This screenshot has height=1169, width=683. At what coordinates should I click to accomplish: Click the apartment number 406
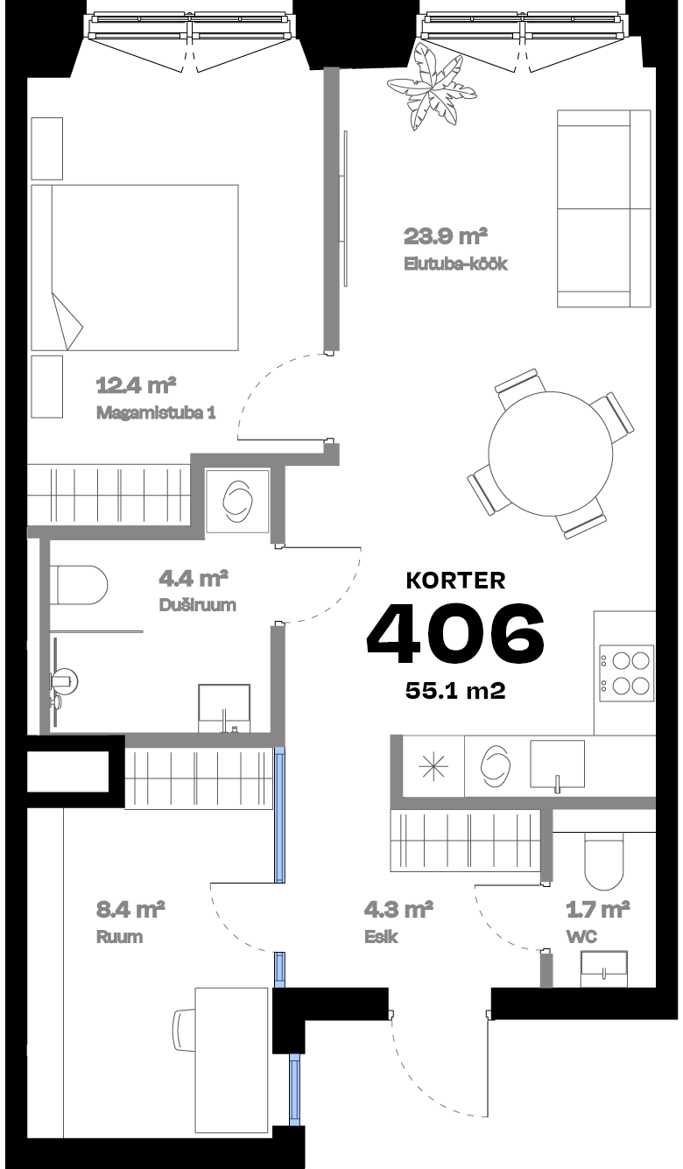455,631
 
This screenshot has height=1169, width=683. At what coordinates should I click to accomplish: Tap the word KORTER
455,580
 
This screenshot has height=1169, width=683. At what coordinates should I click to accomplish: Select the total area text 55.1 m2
455,691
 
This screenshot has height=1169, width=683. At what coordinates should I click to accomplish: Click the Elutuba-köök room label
455,264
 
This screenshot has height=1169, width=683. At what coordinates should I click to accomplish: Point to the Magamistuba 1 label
156,412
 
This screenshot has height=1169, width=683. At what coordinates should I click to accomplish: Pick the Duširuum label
198,604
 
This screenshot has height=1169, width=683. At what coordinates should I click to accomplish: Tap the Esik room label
381,937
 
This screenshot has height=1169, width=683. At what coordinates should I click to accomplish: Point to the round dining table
551,453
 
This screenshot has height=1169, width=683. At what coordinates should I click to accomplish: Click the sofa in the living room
604,208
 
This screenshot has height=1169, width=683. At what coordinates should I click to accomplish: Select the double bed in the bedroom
136,268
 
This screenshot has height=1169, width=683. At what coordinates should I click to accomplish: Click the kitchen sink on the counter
557,764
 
